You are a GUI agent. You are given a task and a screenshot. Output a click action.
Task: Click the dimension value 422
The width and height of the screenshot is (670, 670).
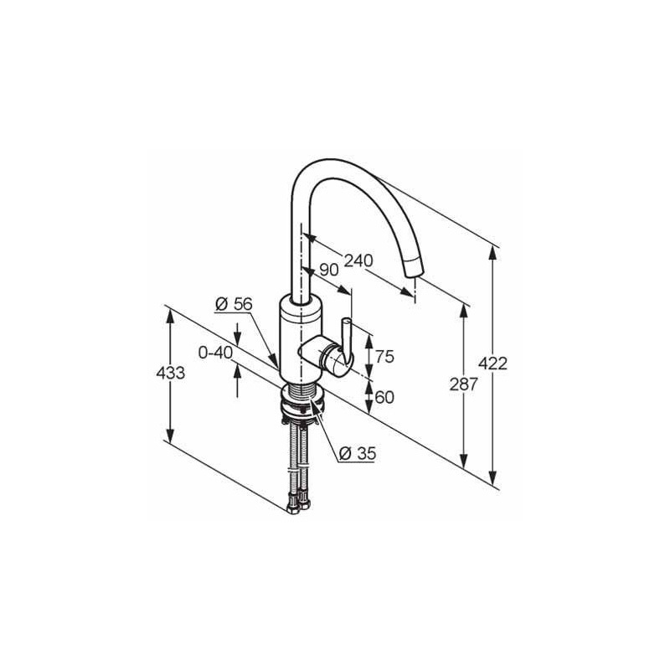(x=492, y=363)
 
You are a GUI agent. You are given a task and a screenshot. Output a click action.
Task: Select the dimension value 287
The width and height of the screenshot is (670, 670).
(x=464, y=384)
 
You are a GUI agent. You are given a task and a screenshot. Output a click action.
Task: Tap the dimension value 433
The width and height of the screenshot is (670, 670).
(x=171, y=373)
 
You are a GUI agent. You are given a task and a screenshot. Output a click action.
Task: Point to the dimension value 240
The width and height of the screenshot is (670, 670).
(x=359, y=260)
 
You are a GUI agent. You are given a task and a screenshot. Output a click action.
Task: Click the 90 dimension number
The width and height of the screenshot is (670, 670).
(x=329, y=270)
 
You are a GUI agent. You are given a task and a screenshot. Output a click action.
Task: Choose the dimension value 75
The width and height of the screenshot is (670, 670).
(x=384, y=357)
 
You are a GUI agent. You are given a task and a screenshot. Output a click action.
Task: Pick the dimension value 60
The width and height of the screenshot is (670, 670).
(x=384, y=397)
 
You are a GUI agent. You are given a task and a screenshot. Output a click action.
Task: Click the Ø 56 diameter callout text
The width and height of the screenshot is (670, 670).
(x=234, y=304)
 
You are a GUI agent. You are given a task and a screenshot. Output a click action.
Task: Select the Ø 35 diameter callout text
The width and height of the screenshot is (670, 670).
(x=358, y=453)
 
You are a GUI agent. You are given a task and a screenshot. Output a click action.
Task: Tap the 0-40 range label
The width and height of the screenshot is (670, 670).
(x=215, y=353)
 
